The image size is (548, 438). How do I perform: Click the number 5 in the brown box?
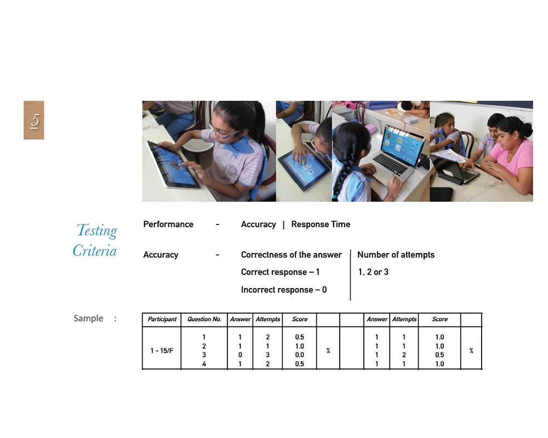tap(34, 120)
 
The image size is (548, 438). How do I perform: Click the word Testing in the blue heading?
tap(96, 230)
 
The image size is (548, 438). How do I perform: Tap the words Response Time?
tap(321, 224)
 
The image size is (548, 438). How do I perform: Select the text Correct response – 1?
tap(280, 272)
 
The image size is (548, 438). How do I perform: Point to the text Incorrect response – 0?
tap(283, 290)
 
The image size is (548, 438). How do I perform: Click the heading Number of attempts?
tap(396, 255)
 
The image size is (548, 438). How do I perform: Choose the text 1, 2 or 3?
tap(373, 272)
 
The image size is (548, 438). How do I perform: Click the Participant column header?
tap(162, 319)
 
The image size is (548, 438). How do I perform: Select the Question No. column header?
tap(204, 319)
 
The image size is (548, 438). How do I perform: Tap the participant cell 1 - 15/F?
tap(162, 350)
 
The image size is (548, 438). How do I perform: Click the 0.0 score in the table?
tap(299, 355)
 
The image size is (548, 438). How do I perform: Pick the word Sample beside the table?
tap(88, 318)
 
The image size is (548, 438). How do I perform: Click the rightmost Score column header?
tap(439, 319)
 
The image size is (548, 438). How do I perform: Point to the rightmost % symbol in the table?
tap(471, 350)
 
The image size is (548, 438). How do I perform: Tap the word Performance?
tap(168, 224)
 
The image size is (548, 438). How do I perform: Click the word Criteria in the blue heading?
tap(95, 251)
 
